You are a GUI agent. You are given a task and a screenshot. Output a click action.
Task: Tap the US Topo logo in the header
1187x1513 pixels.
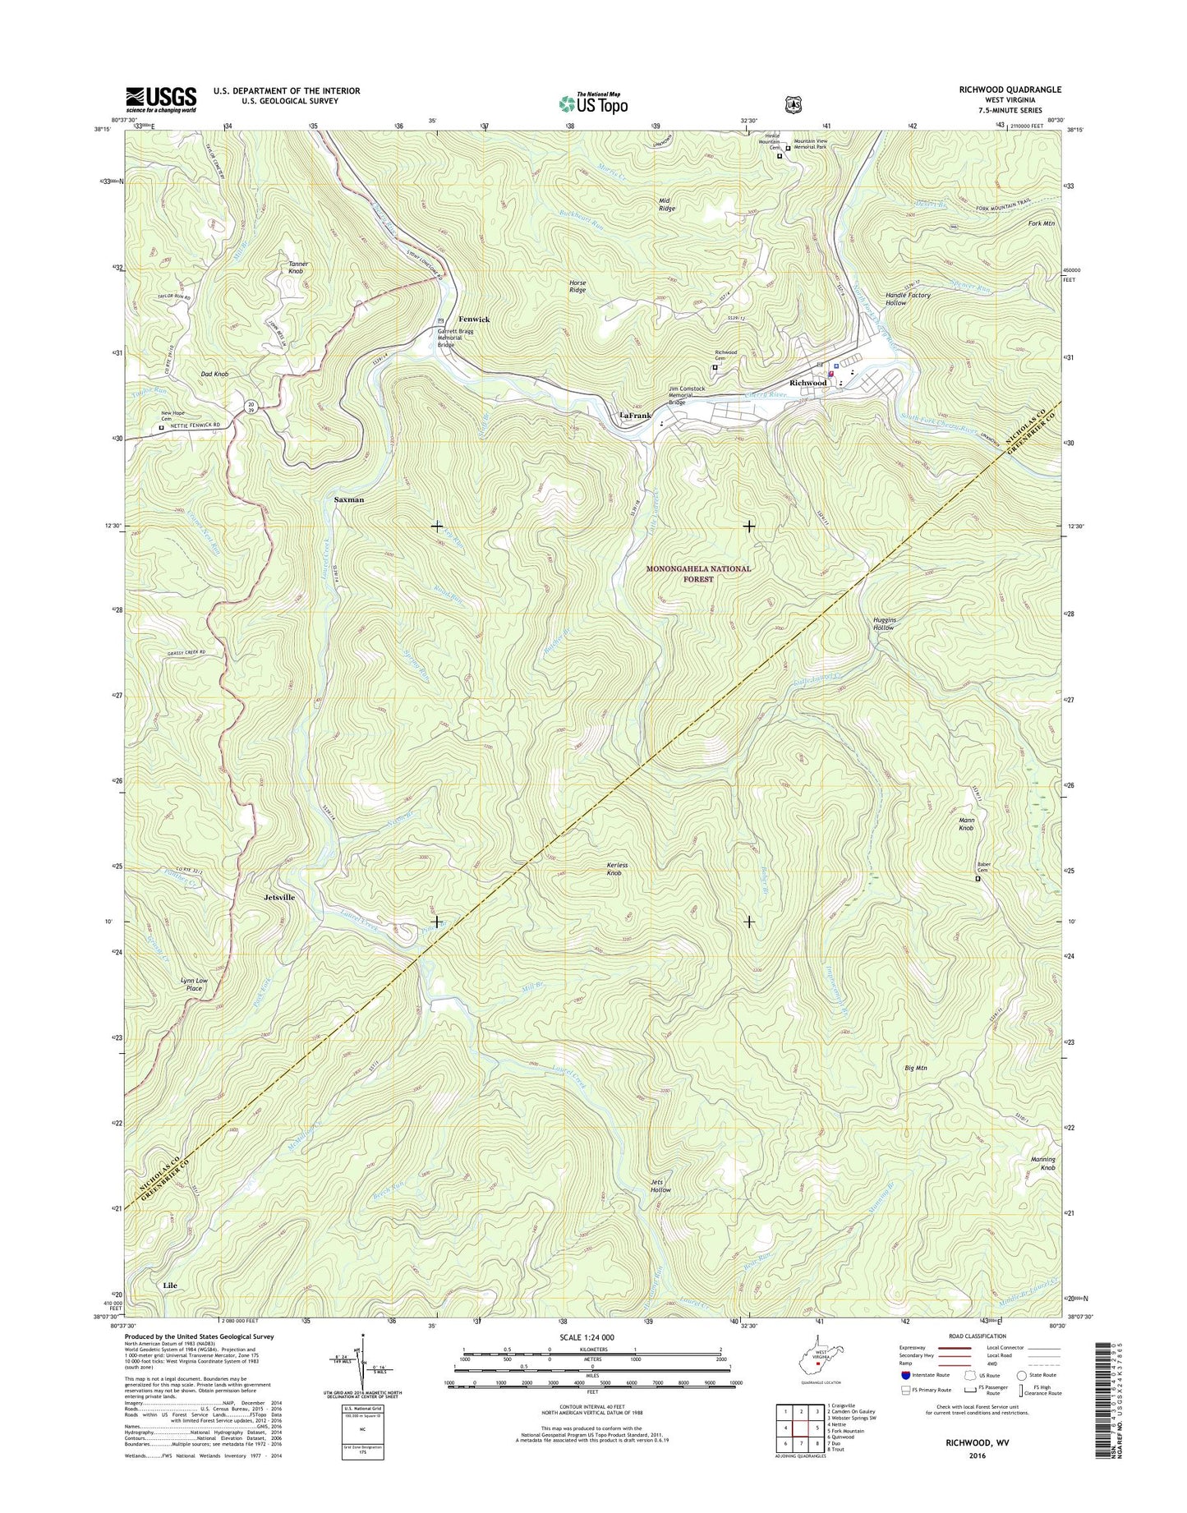tap(593, 103)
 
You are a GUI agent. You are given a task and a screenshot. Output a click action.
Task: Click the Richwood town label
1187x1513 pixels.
tap(807, 383)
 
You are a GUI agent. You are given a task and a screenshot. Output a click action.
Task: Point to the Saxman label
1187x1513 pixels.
tap(349, 499)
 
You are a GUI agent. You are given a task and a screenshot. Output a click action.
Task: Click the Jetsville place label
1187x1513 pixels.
tap(279, 898)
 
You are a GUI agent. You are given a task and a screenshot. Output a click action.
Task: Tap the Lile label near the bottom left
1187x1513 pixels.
tap(170, 1285)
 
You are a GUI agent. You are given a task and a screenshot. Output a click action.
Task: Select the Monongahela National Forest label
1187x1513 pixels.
tap(698, 573)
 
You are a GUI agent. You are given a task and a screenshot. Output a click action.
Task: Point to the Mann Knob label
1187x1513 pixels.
tap(966, 824)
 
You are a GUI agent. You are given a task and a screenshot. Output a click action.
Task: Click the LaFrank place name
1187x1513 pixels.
tap(634, 416)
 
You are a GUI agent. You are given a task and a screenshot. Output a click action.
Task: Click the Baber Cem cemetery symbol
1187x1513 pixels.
tap(978, 879)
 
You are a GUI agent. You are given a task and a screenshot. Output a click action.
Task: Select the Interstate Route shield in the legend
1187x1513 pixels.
tap(904, 1375)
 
